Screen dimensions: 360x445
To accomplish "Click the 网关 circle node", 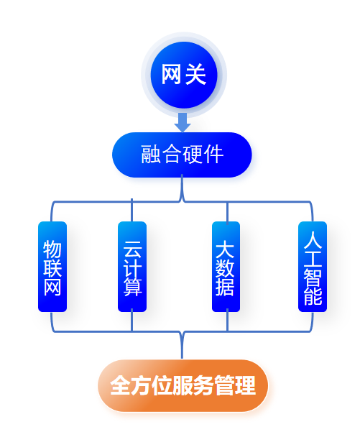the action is pyautogui.click(x=183, y=75).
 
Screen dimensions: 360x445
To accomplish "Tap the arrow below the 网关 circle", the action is pyautogui.click(x=182, y=122).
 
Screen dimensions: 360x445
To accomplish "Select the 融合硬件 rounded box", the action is pyautogui.click(x=182, y=155).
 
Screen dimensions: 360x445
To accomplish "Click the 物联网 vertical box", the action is pyautogui.click(x=52, y=267).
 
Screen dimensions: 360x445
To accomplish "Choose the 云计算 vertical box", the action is pyautogui.click(x=132, y=267).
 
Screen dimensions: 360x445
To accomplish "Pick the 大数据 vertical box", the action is pyautogui.click(x=226, y=267).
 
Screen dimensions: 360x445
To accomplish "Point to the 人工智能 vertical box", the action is pyautogui.click(x=313, y=267).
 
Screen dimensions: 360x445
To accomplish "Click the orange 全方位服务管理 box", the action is pyautogui.click(x=183, y=385).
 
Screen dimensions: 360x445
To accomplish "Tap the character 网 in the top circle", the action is pyautogui.click(x=172, y=74).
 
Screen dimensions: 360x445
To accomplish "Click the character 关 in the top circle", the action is pyautogui.click(x=195, y=74).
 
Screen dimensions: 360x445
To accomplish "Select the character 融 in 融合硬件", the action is pyautogui.click(x=151, y=154).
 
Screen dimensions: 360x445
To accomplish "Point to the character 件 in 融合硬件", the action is pyautogui.click(x=213, y=154).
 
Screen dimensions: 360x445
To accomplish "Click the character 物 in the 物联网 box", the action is pyautogui.click(x=52, y=249).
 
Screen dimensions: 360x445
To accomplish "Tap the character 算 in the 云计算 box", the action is pyautogui.click(x=132, y=287).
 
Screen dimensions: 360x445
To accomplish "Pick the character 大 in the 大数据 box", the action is pyautogui.click(x=225, y=249).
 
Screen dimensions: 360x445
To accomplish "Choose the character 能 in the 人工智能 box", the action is pyautogui.click(x=313, y=295).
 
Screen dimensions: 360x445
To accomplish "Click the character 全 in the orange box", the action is pyautogui.click(x=120, y=385).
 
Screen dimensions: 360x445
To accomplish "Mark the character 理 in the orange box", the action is pyautogui.click(x=245, y=385).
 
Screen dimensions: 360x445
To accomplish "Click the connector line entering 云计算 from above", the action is pyautogui.click(x=131, y=210).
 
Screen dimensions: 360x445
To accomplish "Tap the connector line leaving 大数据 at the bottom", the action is pyautogui.click(x=227, y=320).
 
